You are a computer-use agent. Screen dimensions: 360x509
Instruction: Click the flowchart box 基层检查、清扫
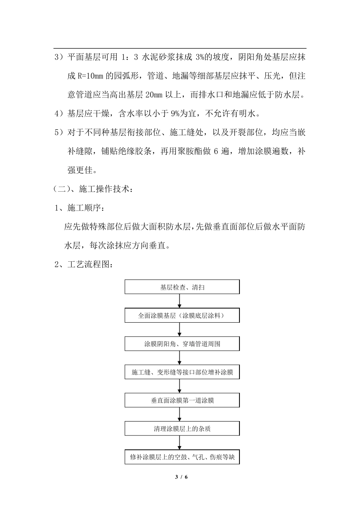coord(182,287)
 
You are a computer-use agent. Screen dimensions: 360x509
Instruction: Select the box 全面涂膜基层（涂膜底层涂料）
coord(182,315)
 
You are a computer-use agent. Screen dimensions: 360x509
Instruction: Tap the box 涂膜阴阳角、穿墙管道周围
coord(182,344)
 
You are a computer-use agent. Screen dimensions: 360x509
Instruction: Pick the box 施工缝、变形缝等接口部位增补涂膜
coord(182,372)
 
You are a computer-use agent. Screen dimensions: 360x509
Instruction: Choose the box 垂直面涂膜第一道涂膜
coord(182,400)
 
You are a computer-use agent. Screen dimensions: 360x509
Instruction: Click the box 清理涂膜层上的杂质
coord(182,429)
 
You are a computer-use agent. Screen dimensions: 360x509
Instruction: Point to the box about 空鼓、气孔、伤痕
coord(182,457)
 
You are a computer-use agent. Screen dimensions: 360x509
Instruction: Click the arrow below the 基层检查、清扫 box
coord(180,301)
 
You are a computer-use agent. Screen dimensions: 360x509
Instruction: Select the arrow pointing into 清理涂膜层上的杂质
coord(180,415)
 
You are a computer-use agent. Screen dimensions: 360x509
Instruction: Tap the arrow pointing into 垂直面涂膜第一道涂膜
coord(180,386)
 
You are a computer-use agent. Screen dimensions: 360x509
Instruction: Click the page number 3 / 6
coord(182,477)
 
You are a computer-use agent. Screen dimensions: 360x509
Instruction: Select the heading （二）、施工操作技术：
coord(93,189)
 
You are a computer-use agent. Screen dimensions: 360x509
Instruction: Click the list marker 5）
coord(60,133)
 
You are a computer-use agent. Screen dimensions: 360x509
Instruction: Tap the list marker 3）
coord(60,58)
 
